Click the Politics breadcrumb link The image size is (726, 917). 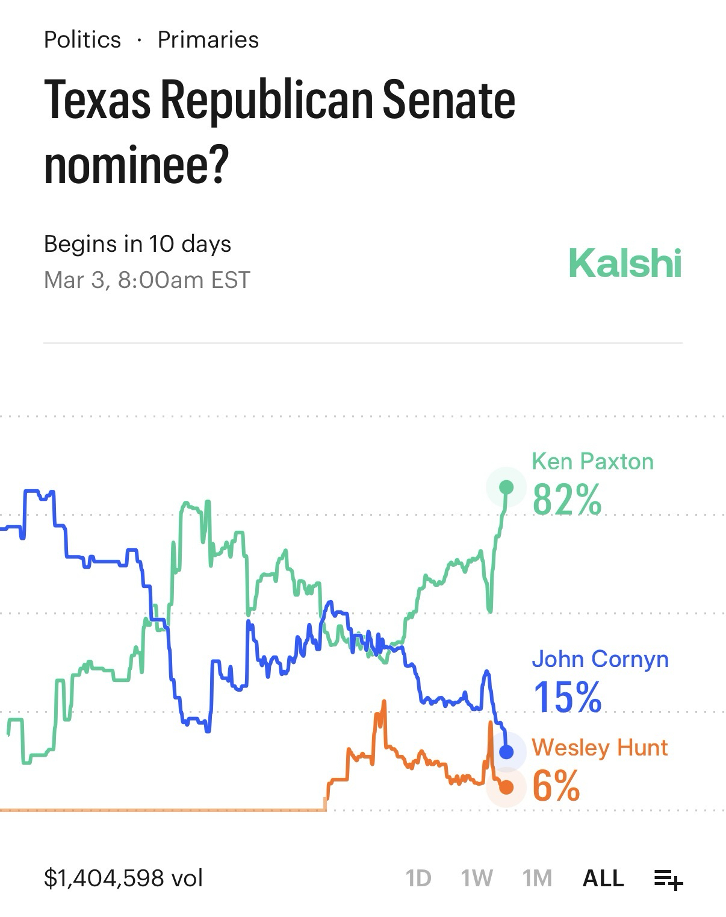tap(82, 40)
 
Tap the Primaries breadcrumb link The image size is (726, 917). tap(208, 40)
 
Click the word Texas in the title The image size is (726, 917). tap(97, 99)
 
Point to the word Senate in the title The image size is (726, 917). tap(448, 99)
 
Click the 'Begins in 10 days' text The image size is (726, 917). tap(137, 244)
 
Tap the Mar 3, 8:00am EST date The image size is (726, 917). tap(147, 280)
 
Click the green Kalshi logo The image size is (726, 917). tap(625, 263)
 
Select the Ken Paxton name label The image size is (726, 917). tap(592, 462)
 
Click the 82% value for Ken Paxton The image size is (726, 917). tap(567, 499)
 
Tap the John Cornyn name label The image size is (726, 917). tap(600, 659)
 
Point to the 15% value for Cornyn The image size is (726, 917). tap(567, 696)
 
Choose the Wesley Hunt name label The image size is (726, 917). tap(600, 747)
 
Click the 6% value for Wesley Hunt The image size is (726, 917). tap(556, 786)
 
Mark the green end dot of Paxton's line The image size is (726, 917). tap(506, 487)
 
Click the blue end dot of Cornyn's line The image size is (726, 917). tap(506, 752)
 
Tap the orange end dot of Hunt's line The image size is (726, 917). tap(506, 787)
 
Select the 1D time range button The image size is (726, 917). tap(418, 878)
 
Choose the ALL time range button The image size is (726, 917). tap(603, 878)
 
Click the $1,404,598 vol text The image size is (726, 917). tap(123, 878)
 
